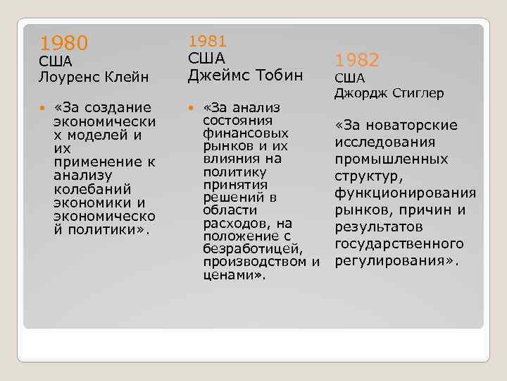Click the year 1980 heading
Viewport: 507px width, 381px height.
pos(63,44)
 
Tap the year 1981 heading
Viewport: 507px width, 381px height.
pos(208,42)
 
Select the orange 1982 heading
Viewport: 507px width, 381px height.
pos(356,60)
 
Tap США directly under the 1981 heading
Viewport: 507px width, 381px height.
pos(206,58)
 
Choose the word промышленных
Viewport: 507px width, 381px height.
pos(392,159)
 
